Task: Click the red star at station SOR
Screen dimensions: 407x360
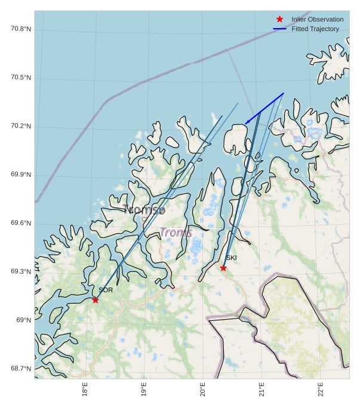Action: coord(96,299)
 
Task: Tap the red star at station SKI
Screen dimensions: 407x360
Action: coord(223,268)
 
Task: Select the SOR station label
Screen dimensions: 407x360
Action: coord(106,290)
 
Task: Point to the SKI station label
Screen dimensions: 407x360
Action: coord(231,258)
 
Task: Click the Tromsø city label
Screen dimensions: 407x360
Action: coord(143,210)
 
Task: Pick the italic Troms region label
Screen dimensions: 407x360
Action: coord(176,233)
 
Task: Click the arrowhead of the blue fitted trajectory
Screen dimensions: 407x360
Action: coord(246,123)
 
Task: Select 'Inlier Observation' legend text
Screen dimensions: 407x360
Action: coord(317,19)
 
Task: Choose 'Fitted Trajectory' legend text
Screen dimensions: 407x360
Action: coord(315,29)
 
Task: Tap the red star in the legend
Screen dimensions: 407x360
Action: coord(279,19)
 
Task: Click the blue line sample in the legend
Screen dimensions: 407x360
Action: coord(279,29)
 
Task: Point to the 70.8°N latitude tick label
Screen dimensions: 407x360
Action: coord(21,29)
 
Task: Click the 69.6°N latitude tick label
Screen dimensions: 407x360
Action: coord(21,223)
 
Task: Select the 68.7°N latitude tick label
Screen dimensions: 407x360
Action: coord(21,368)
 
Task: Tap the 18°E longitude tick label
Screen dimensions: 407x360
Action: coord(85,389)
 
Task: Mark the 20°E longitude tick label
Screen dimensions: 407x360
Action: coord(203,389)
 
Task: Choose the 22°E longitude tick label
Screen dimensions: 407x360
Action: coord(321,389)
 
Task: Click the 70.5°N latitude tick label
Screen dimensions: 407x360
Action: coord(21,78)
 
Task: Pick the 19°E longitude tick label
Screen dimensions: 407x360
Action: coord(144,389)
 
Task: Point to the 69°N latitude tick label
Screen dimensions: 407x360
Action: coord(23,320)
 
